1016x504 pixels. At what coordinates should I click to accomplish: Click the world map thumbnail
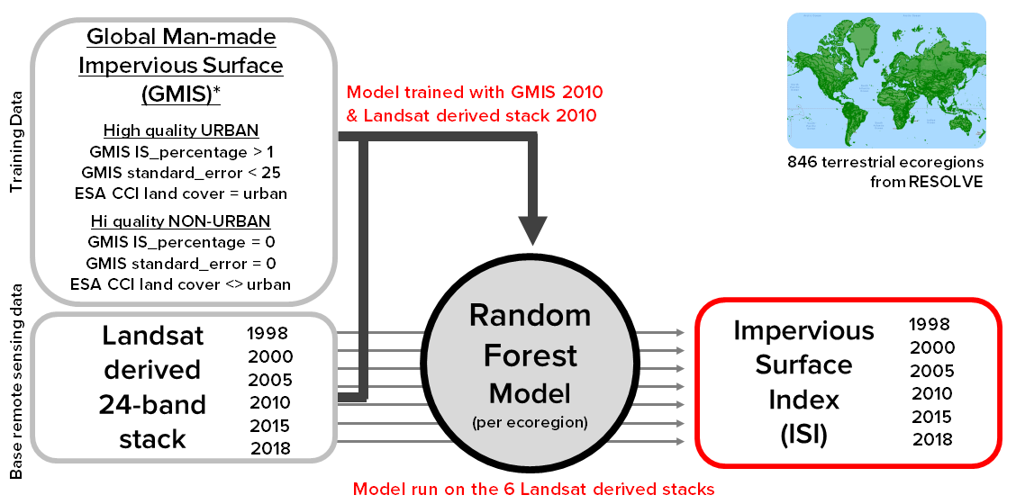tap(886, 80)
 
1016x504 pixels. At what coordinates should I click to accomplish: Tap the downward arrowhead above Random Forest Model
tap(532, 229)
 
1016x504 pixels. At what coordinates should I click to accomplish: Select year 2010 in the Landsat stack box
tap(269, 401)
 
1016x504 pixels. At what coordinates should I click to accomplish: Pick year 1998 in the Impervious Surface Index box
tap(930, 325)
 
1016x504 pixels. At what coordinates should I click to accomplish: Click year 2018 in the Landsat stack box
tap(269, 447)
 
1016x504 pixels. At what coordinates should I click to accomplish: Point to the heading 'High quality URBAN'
tap(181, 130)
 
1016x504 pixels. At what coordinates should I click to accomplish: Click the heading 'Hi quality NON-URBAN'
tap(181, 220)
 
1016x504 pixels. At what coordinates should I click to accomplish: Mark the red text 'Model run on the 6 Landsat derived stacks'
tap(533, 490)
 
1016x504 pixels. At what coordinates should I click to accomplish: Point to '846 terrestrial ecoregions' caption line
tap(885, 163)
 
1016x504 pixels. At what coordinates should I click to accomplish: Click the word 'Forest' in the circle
tap(531, 355)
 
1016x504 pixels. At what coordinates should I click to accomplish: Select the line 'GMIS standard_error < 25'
tap(181, 173)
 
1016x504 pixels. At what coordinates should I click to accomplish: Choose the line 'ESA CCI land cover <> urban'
tap(181, 284)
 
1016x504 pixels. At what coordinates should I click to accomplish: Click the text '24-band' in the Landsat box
tap(152, 404)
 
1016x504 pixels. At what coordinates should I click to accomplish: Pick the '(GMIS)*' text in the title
tap(181, 94)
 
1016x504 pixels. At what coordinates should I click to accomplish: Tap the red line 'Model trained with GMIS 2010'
tap(475, 93)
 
